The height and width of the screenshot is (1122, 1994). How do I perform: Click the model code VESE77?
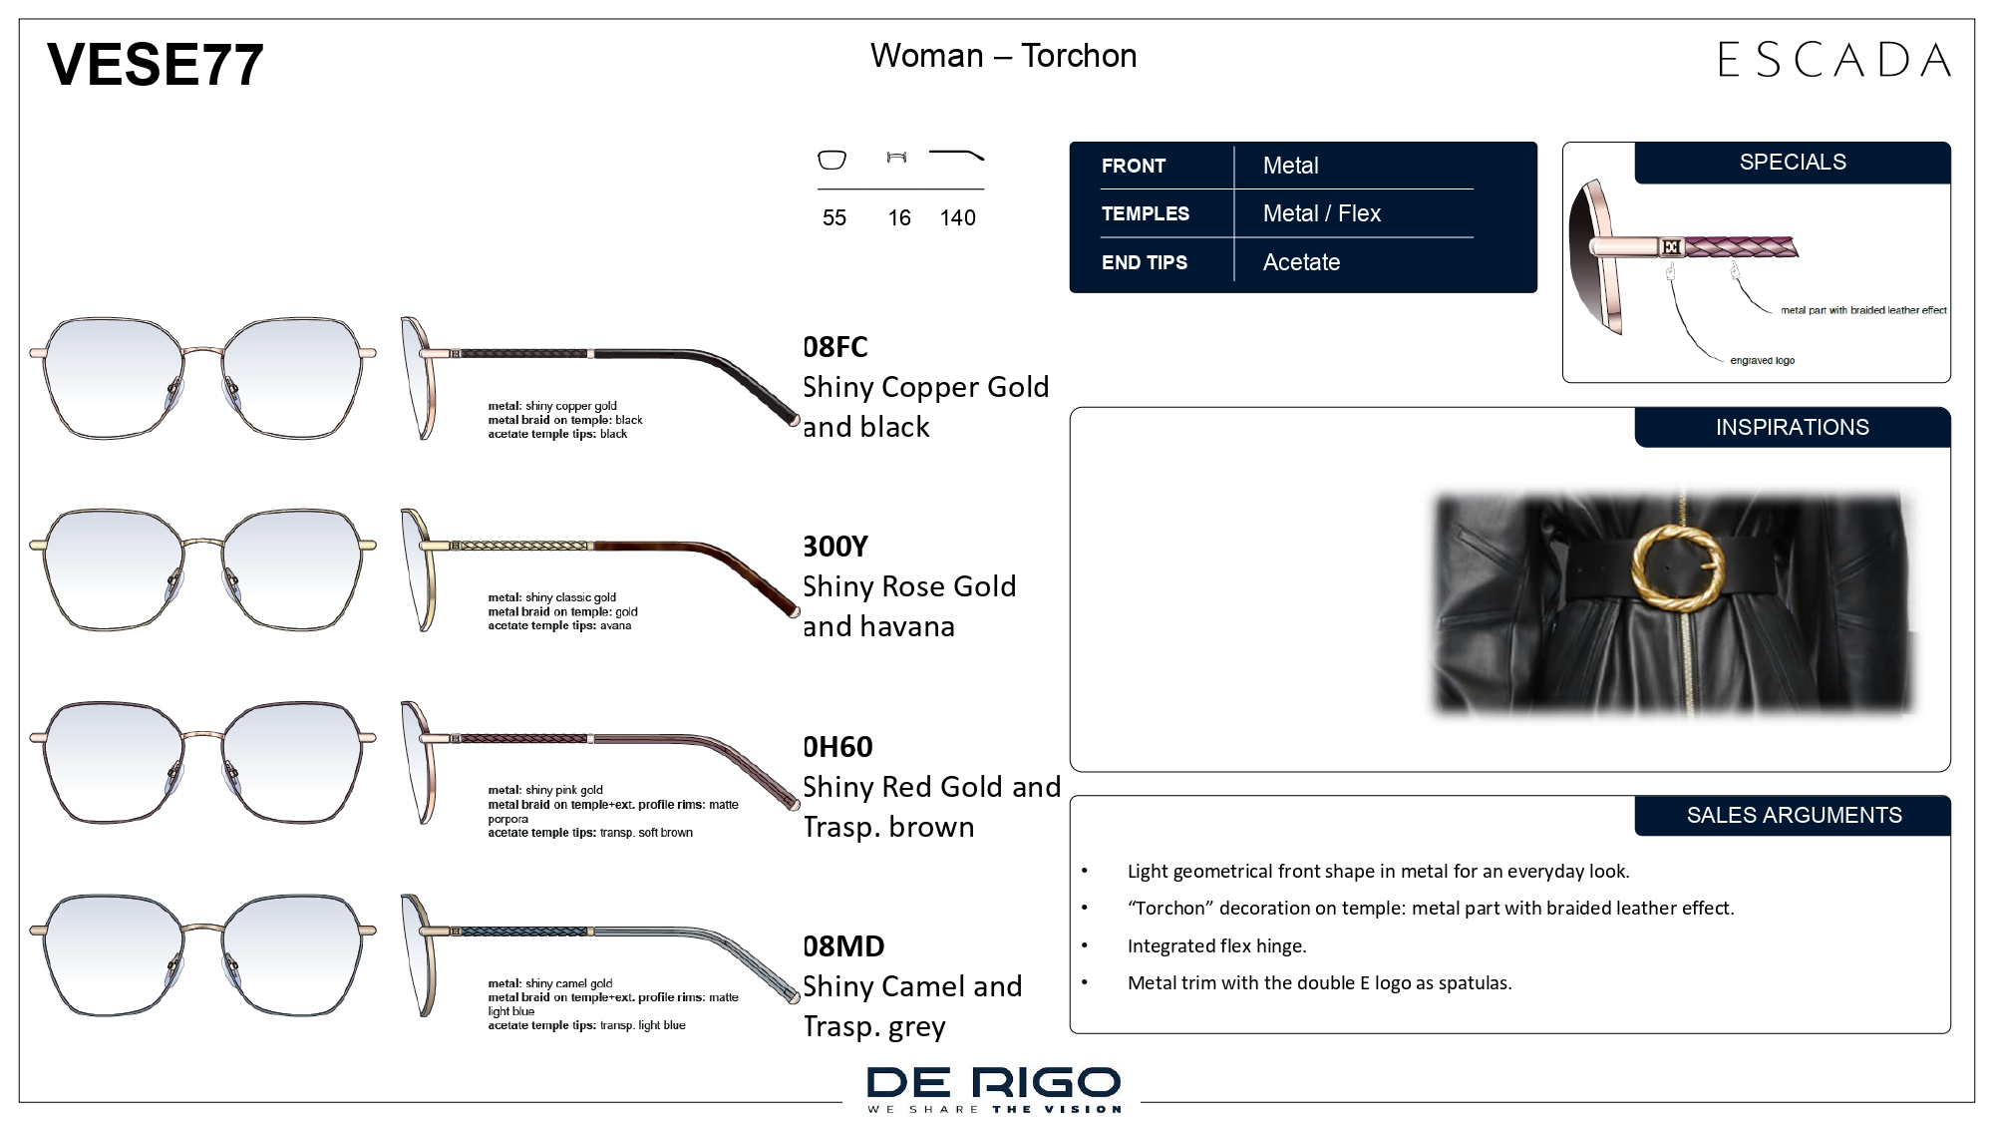pyautogui.click(x=155, y=64)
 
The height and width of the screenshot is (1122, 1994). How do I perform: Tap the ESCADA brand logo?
pyautogui.click(x=1834, y=60)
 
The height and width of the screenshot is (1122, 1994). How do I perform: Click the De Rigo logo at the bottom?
pyautogui.click(x=994, y=1088)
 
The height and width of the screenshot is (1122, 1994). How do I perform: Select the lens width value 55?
pyautogui.click(x=834, y=217)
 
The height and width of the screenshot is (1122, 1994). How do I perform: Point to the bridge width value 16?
pyautogui.click(x=899, y=217)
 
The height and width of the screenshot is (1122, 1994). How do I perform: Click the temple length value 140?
pyautogui.click(x=957, y=217)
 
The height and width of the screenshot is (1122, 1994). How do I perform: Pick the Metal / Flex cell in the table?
pyautogui.click(x=1321, y=213)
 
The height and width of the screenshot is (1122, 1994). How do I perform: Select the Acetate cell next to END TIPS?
pyautogui.click(x=1301, y=262)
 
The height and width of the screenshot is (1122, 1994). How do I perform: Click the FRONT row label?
pyautogui.click(x=1134, y=166)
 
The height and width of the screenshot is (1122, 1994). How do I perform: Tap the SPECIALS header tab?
pyautogui.click(x=1793, y=163)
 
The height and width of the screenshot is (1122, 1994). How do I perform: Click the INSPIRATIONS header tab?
pyautogui.click(x=1793, y=427)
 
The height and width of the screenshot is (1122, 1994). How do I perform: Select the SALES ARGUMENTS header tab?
pyautogui.click(x=1793, y=815)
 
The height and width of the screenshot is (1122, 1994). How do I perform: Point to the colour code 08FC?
pyautogui.click(x=835, y=347)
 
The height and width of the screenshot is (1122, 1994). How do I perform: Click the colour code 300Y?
pyautogui.click(x=835, y=547)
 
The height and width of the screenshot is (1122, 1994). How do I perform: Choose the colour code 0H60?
pyautogui.click(x=837, y=747)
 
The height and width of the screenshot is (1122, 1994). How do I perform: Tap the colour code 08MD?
pyautogui.click(x=843, y=946)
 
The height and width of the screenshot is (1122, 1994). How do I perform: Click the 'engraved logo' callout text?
pyautogui.click(x=1762, y=361)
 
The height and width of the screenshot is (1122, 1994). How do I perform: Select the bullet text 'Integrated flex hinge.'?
pyautogui.click(x=1216, y=946)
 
